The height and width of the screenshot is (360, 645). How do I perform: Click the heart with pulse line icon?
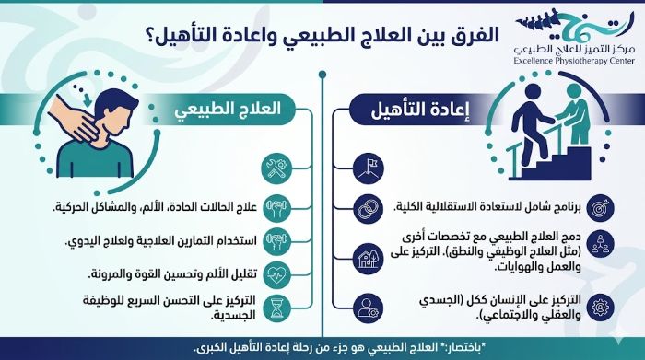point(277,273)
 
